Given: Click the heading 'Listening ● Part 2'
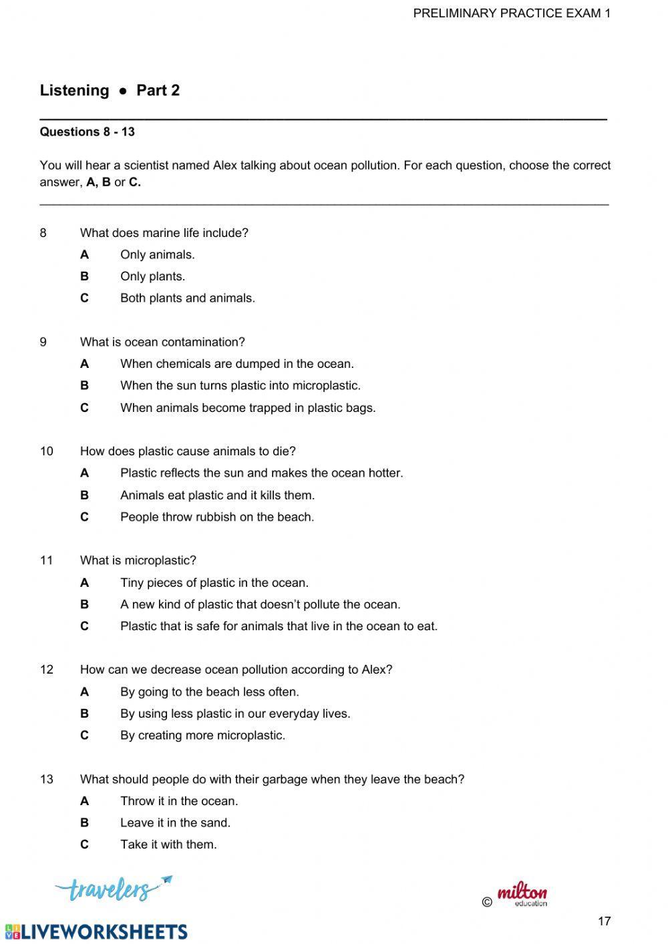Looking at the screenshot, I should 110,90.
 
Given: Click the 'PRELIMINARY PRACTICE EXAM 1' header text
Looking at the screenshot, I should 512,13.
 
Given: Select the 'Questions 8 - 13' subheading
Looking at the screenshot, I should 87,132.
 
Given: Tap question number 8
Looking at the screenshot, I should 43,233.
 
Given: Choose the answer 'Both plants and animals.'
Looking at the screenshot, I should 187,298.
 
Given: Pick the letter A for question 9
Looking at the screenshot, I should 84,364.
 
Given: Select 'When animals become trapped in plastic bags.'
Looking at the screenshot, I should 248,407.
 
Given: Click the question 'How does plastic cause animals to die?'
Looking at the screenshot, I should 188,451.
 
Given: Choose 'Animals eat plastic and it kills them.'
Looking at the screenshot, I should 217,495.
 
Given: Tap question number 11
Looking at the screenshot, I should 46,560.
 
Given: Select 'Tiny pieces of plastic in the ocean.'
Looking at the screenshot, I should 214,583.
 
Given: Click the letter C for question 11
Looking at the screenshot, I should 84,626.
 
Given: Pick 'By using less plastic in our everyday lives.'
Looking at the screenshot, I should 235,714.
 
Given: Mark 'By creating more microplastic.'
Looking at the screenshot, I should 202,735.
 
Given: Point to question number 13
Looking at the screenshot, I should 46,779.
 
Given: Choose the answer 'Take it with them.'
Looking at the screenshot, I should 168,845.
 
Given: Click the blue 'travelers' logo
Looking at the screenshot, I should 112,888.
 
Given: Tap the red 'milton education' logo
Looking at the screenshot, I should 521,895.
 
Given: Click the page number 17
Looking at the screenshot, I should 604,921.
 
